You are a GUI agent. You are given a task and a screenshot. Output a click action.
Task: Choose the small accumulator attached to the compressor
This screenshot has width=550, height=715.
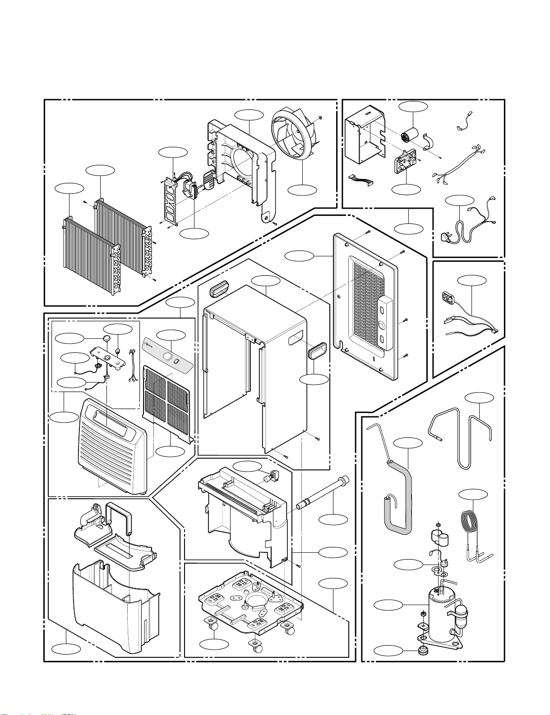462,613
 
